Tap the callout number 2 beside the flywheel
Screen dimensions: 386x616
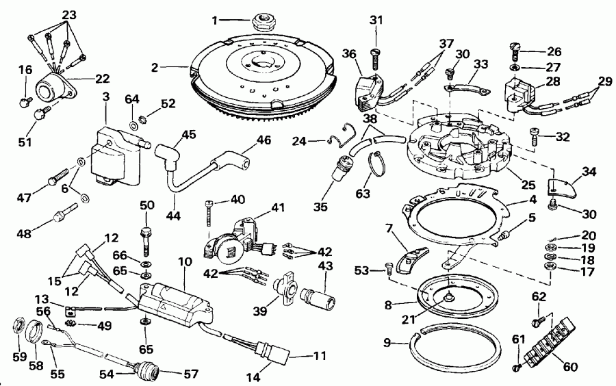point(156,67)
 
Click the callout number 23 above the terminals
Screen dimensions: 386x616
point(70,14)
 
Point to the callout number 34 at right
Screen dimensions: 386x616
point(589,171)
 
